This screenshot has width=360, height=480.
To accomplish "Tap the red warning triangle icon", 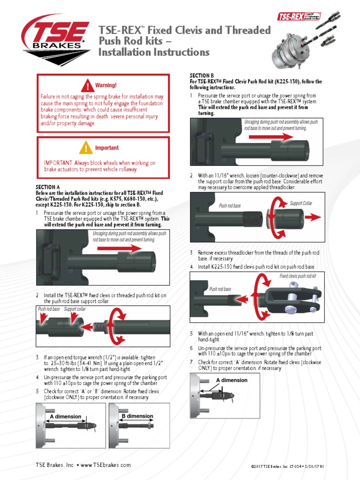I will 87,86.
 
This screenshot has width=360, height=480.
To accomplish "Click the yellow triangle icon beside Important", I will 86,147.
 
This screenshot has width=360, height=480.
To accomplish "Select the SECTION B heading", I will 202,75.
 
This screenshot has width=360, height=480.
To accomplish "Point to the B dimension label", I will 137,416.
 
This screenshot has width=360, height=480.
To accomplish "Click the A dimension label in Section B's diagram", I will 231,380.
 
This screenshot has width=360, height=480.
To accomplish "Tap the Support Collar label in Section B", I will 301,203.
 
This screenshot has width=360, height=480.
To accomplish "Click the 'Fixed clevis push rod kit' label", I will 298,276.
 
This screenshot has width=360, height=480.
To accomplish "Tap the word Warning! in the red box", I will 105,85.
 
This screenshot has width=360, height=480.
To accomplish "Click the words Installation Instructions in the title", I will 154,52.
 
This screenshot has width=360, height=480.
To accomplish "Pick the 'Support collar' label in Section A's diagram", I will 75,309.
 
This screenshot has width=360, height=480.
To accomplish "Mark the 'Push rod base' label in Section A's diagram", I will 49,309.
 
